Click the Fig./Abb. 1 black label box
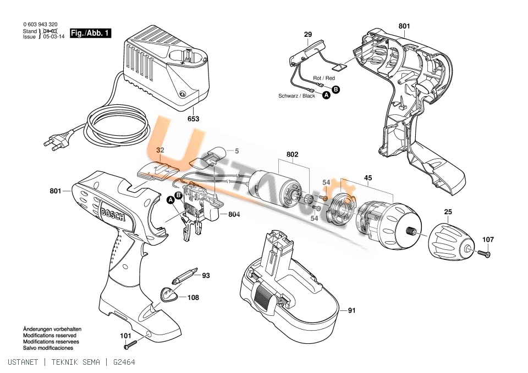pos(90,33)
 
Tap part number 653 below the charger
pos(193,119)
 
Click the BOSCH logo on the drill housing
pos(113,213)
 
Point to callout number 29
pos(308,34)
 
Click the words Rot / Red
pos(324,78)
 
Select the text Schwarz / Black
pos(296,96)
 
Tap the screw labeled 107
pos(483,253)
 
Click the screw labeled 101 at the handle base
pos(131,344)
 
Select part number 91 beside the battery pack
pos(351,310)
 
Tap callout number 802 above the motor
pos(292,154)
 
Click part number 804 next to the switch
pos(234,214)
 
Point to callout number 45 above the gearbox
pos(368,177)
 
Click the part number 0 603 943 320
pos(40,24)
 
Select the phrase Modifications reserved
pos(50,335)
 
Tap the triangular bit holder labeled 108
pos(168,295)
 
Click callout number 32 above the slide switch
pos(160,150)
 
